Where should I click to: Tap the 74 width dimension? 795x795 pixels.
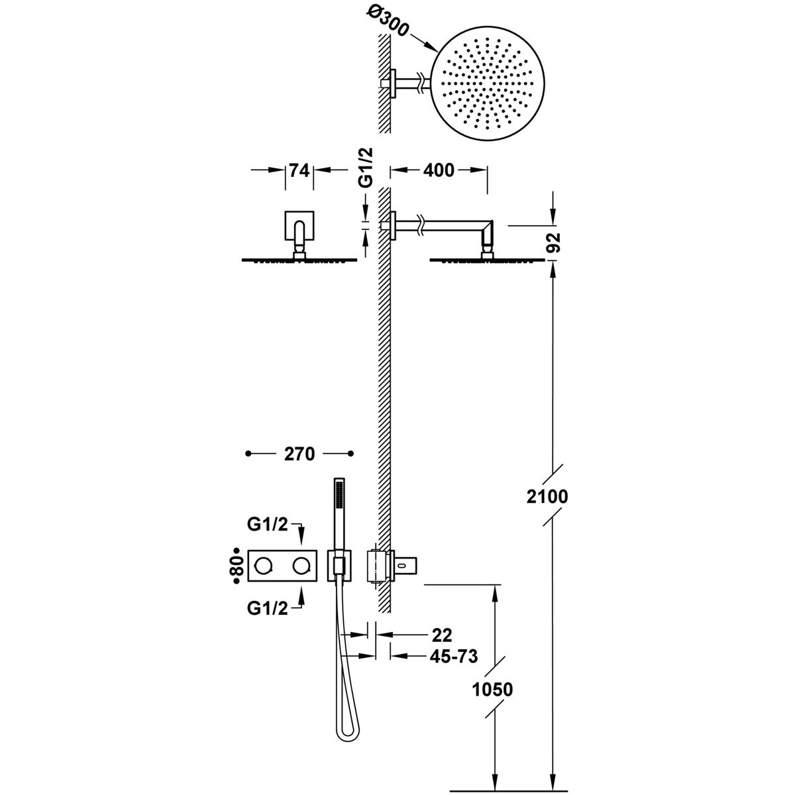[299, 170]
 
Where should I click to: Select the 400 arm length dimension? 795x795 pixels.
[439, 170]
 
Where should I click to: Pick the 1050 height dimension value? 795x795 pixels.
[494, 689]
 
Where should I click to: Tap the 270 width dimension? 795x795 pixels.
[299, 454]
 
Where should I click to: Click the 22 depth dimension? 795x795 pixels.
[441, 635]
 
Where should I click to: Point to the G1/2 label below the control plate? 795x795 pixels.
[268, 609]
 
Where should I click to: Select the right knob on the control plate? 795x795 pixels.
[302, 565]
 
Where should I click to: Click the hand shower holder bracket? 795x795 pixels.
[339, 565]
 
